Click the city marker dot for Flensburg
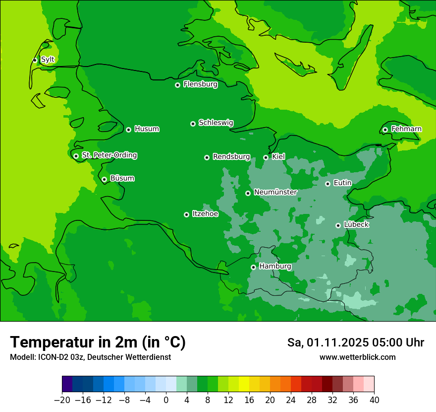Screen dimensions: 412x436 [x=177, y=85]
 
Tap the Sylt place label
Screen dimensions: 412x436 [x=48, y=60]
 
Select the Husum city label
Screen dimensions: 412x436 [x=147, y=129]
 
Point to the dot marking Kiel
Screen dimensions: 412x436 [x=266, y=157]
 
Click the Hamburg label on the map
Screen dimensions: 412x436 [x=275, y=267]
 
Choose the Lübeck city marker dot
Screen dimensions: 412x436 [x=338, y=225]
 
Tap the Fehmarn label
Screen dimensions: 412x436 [x=406, y=129]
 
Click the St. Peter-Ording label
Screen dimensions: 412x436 [x=109, y=155]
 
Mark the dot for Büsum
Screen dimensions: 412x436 [x=104, y=179]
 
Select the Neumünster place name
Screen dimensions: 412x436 [x=275, y=192]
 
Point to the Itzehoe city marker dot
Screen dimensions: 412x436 [x=186, y=214]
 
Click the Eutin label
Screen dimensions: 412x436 [x=342, y=183]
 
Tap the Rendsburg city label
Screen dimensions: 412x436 [x=231, y=157]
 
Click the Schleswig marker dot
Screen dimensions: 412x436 [x=193, y=124]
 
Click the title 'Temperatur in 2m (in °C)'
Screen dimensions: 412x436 [x=98, y=342]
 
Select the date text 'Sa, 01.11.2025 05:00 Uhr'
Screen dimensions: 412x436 [x=355, y=343]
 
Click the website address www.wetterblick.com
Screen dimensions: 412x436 [x=357, y=357]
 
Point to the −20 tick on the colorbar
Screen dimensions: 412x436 [x=62, y=400]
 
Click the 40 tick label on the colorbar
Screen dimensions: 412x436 [x=374, y=400]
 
